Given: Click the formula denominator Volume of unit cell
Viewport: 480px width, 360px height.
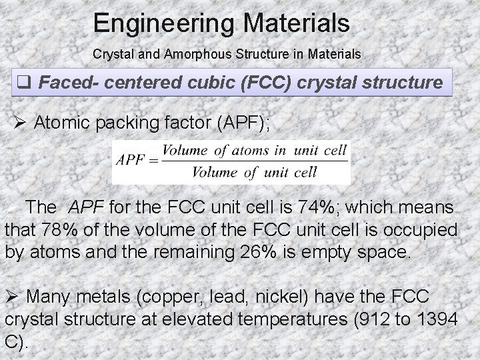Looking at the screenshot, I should [254, 173].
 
